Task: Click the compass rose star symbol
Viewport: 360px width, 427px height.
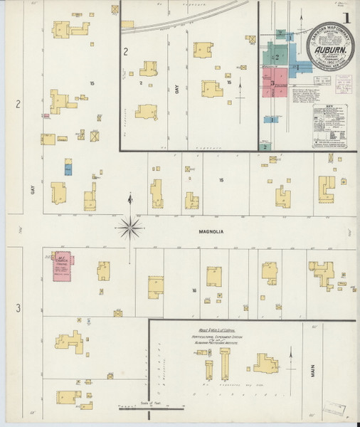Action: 129,228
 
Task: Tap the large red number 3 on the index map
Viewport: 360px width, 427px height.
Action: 272,83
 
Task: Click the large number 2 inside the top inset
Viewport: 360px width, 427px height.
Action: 125,51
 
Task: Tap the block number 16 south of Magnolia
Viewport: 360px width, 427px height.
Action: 194,291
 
